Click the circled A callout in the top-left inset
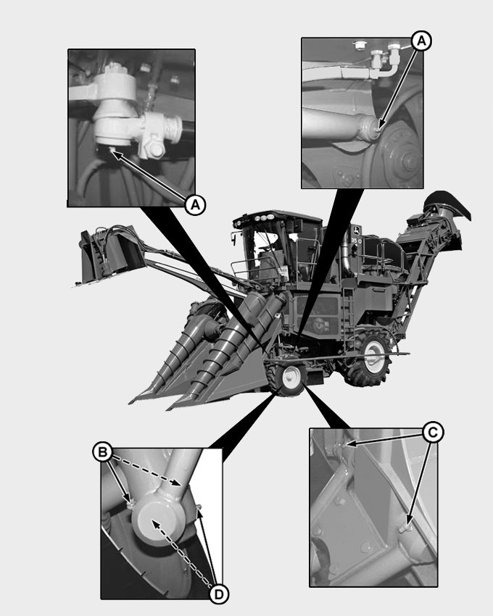pyautogui.click(x=193, y=205)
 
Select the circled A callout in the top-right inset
pyautogui.click(x=421, y=41)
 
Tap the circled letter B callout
pyautogui.click(x=103, y=452)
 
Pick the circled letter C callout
pyautogui.click(x=433, y=433)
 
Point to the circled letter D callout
pyautogui.click(x=218, y=594)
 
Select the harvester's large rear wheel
pyautogui.click(x=373, y=354)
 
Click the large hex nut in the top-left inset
pyautogui.click(x=154, y=151)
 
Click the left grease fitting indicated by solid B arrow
pyautogui.click(x=130, y=501)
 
